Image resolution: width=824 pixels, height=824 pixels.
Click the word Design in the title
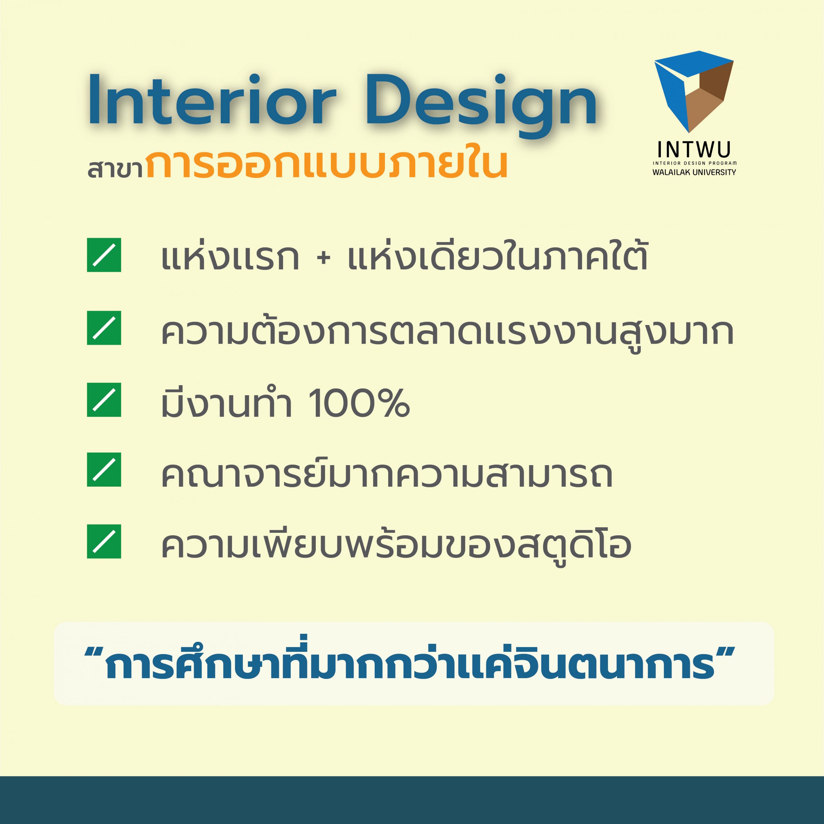click(481, 106)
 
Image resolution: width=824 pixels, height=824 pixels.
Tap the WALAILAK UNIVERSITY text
click(694, 172)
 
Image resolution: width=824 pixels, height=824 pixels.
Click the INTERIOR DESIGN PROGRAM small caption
click(694, 163)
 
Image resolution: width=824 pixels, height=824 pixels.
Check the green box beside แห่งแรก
click(104, 255)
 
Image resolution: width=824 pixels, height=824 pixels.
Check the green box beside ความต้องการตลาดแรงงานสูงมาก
click(104, 328)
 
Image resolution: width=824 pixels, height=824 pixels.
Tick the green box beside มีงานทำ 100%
click(104, 400)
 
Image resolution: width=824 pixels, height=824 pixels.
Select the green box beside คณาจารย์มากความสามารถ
click(104, 470)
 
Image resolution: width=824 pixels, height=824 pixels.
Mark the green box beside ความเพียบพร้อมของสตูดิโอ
click(104, 541)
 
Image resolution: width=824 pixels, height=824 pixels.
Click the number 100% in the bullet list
click(359, 403)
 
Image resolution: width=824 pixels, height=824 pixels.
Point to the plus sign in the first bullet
click(324, 258)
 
